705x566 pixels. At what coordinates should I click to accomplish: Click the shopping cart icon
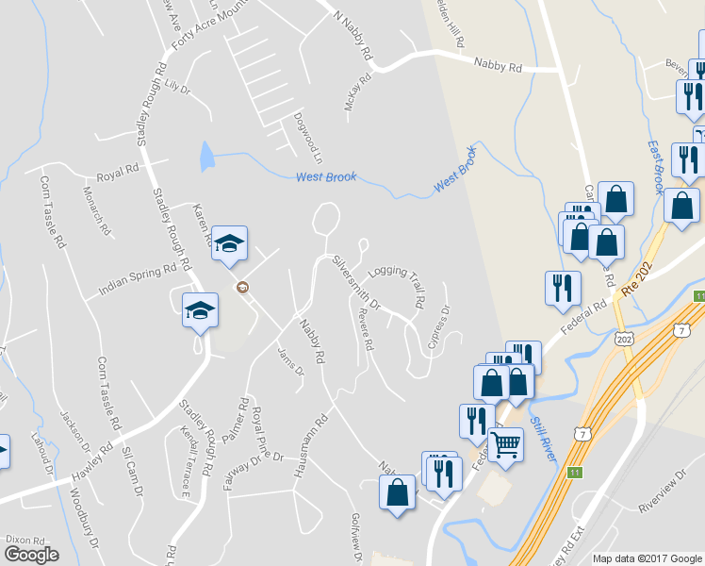click(506, 443)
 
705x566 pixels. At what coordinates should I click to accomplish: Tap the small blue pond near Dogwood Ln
click(206, 157)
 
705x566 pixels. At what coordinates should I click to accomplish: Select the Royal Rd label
click(118, 177)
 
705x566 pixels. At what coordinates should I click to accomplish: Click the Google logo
click(31, 555)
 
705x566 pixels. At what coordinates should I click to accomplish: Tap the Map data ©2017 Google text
click(647, 558)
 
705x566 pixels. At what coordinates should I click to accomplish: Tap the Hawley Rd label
click(90, 460)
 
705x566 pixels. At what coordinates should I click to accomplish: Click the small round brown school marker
click(242, 288)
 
